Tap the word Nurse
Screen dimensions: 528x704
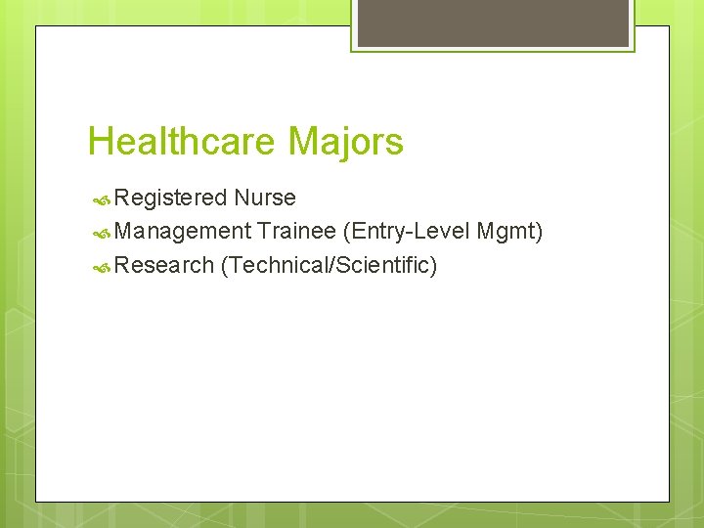[265, 198]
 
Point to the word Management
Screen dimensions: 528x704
[183, 232]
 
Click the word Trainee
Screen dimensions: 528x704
[297, 232]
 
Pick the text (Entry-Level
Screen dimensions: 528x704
[405, 232]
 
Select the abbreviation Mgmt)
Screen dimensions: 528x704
[510, 232]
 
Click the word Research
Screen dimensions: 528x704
[163, 265]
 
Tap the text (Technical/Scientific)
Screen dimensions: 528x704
[329, 265]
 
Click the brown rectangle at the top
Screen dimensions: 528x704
[493, 22]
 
